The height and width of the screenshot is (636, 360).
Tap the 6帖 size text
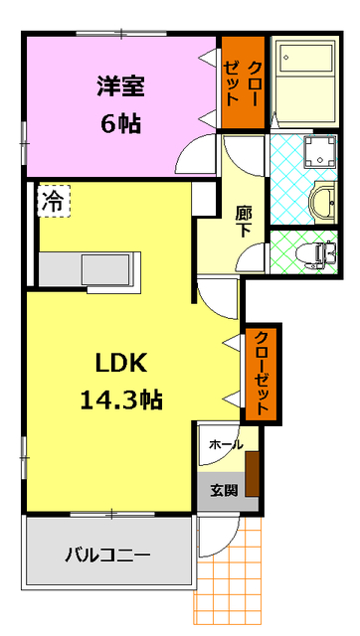pyautogui.click(x=120, y=124)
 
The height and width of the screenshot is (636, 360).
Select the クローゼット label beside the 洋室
pyautogui.click(x=243, y=82)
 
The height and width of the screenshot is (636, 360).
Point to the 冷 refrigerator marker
pyautogui.click(x=52, y=202)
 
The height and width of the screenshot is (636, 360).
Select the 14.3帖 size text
pyautogui.click(x=121, y=399)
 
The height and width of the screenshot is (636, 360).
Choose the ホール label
pyautogui.click(x=225, y=445)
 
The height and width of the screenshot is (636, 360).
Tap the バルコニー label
pyautogui.click(x=108, y=554)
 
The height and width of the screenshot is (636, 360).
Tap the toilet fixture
pyautogui.click(x=317, y=253)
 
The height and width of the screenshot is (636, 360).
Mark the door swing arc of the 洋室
pyautogui.click(x=198, y=154)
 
